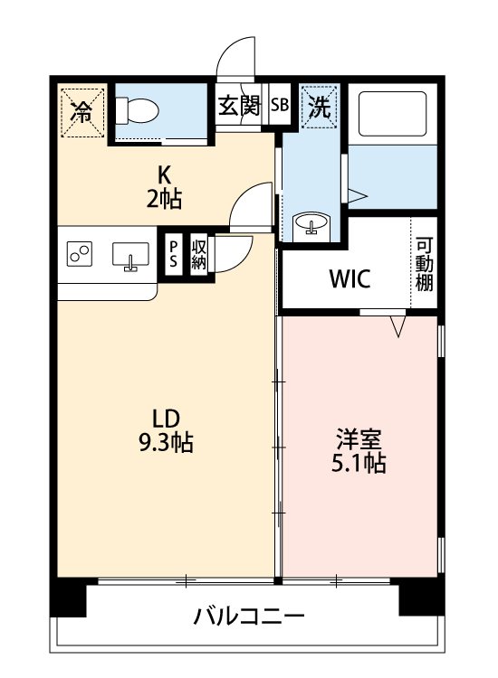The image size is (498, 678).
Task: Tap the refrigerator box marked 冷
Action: pos(82,112)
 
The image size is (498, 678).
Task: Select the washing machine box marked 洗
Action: pos(321,106)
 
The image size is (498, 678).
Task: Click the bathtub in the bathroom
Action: pos(391,113)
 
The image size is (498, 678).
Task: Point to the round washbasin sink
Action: pos(311,223)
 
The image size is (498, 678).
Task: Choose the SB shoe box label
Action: pos(280,105)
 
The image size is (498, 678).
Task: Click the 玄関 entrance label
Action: pos(240,105)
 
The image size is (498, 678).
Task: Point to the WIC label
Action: pos(349,279)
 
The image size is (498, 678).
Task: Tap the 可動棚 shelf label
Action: pos(424,264)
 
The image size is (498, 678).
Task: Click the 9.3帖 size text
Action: pos(167,444)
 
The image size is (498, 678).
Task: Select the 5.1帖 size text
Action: pos(359,464)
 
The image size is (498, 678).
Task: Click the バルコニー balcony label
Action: pos(248,617)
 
